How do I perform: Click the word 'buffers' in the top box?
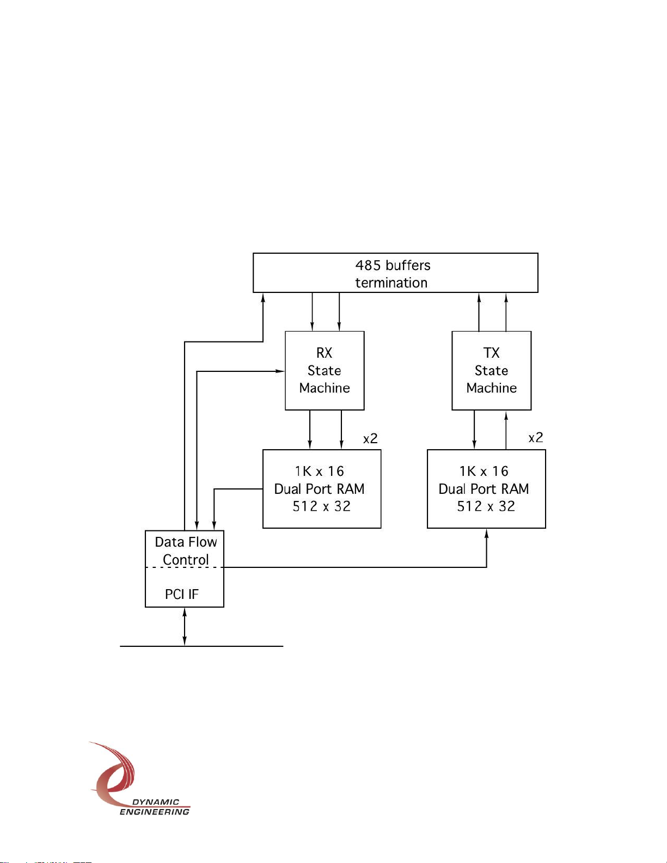407,265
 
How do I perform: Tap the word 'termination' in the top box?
391,283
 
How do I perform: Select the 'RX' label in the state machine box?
324,353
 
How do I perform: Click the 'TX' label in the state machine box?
491,353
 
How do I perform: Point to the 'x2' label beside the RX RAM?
370,438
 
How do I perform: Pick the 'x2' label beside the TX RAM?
536,437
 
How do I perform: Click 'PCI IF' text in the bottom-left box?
181,594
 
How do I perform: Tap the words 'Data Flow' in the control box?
186,542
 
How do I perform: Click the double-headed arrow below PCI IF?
185,626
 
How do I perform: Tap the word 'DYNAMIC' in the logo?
156,802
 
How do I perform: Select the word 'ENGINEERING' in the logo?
155,812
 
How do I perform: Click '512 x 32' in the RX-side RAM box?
321,506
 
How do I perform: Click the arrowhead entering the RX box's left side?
280,371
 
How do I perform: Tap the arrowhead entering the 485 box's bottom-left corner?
263,297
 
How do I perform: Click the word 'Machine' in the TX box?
491,388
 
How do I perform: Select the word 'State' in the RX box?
324,370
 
